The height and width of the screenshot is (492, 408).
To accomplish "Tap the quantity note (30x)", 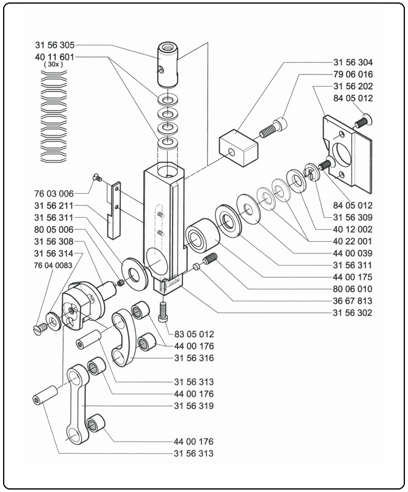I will [x=53, y=65].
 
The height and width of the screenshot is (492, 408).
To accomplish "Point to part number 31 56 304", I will [x=353, y=63].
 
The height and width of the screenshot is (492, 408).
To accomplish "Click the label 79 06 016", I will [x=353, y=74].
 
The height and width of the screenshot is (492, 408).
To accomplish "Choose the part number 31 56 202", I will [x=353, y=87].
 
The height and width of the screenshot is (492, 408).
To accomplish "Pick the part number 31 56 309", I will [x=353, y=217].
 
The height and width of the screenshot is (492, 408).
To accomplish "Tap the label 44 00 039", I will [x=353, y=253].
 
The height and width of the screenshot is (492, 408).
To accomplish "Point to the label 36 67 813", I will [x=353, y=301].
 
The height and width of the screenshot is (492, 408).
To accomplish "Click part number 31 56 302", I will [x=353, y=313].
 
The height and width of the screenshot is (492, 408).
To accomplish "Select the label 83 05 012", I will [x=194, y=334].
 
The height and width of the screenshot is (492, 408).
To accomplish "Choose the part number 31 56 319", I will [x=194, y=406].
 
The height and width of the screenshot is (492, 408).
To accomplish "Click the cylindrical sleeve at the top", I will [x=166, y=64].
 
